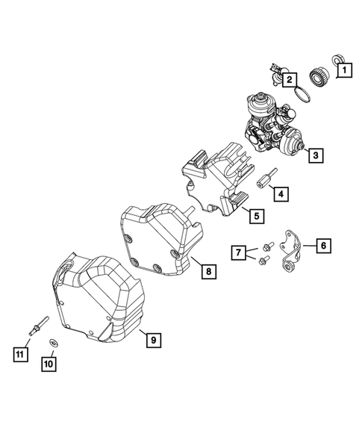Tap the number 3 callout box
316,155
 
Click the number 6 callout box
322,245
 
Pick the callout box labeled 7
238,253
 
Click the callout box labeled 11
19,353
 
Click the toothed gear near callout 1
319,77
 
